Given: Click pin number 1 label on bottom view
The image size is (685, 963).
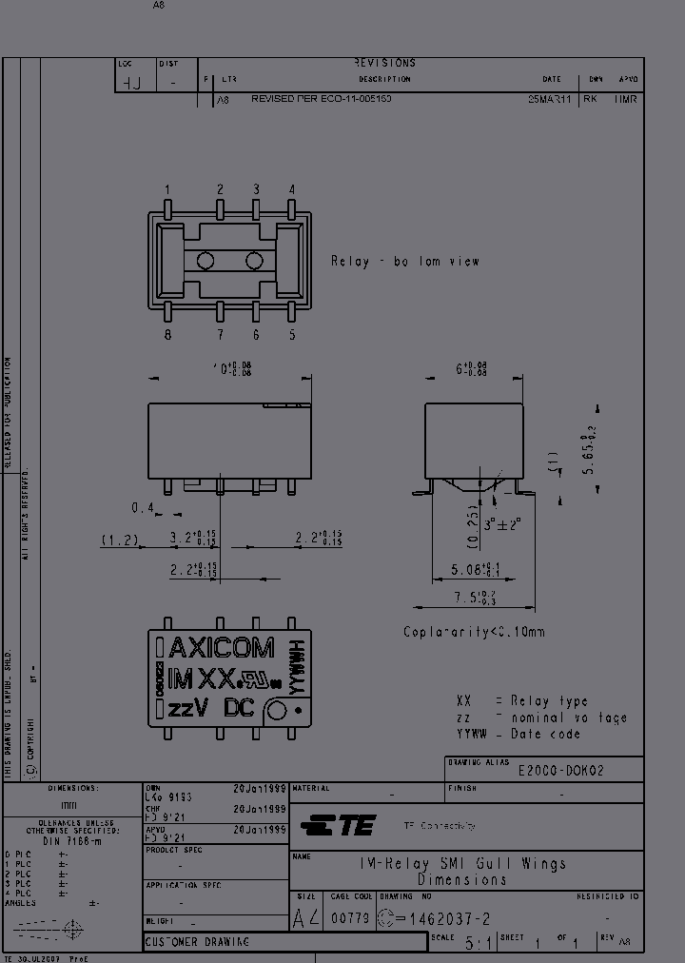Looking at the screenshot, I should [167, 189].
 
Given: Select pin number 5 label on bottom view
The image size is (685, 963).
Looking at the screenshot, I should [292, 334].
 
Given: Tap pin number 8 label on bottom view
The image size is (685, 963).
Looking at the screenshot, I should [167, 334].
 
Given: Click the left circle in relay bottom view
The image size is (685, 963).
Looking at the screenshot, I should [205, 261].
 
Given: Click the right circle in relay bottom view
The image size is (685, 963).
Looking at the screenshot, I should [254, 261].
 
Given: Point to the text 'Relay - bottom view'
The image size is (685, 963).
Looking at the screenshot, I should [405, 261].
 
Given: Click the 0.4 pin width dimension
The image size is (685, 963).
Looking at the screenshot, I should [143, 508].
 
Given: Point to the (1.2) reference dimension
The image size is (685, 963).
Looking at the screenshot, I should [120, 540].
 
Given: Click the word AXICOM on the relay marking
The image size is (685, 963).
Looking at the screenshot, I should [221, 649].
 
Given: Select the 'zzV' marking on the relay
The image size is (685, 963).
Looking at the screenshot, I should [188, 709].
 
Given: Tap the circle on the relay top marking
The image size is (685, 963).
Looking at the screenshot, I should [277, 710].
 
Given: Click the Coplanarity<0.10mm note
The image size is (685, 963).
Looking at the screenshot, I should [474, 632].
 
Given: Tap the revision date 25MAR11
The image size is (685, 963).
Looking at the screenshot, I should [550, 99].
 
